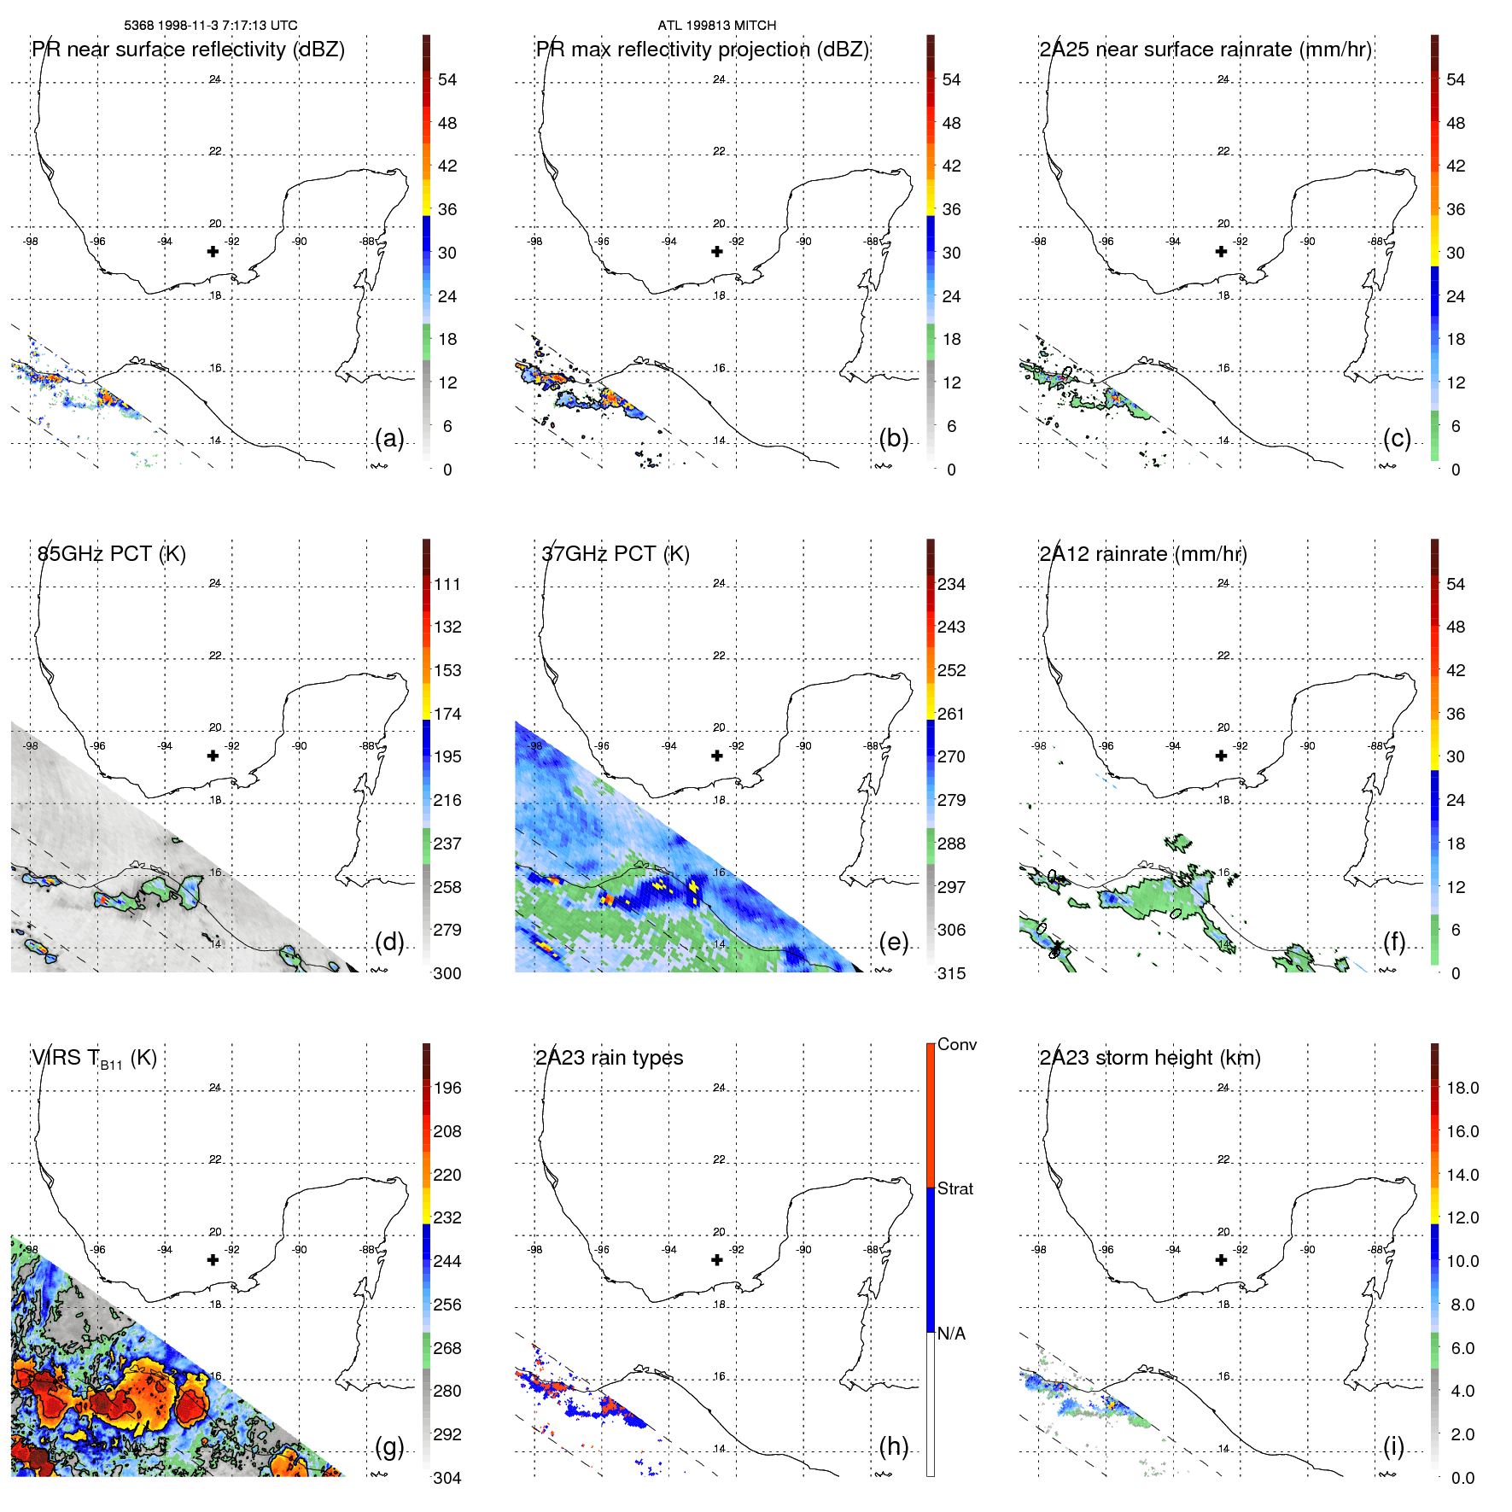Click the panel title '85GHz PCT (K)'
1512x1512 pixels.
tap(111, 553)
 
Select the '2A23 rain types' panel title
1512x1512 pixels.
tap(609, 1058)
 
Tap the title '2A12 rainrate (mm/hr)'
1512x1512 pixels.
tap(1142, 553)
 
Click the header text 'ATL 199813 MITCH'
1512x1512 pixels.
tap(716, 26)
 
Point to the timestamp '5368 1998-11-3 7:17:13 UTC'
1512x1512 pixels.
tap(211, 26)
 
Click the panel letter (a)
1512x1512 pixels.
tap(389, 438)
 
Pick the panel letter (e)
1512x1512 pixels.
tap(893, 942)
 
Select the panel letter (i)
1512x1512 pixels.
tap(1393, 1446)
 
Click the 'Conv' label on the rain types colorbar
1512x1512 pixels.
tap(956, 1044)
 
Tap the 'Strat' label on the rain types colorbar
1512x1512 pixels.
tap(954, 1188)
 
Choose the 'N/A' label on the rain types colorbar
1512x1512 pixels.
tap(951, 1333)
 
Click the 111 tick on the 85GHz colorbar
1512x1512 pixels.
tap(447, 584)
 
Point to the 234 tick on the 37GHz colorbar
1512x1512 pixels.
tap(951, 584)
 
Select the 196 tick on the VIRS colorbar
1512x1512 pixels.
tap(447, 1088)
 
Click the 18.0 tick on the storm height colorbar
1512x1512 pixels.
tap(1462, 1088)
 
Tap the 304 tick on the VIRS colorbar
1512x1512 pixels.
tap(447, 1478)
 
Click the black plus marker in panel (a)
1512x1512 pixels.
tap(213, 251)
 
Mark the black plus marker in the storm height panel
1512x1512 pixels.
tap(1221, 1259)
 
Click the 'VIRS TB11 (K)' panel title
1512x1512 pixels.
tap(94, 1058)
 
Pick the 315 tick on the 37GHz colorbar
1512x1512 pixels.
tap(951, 973)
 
